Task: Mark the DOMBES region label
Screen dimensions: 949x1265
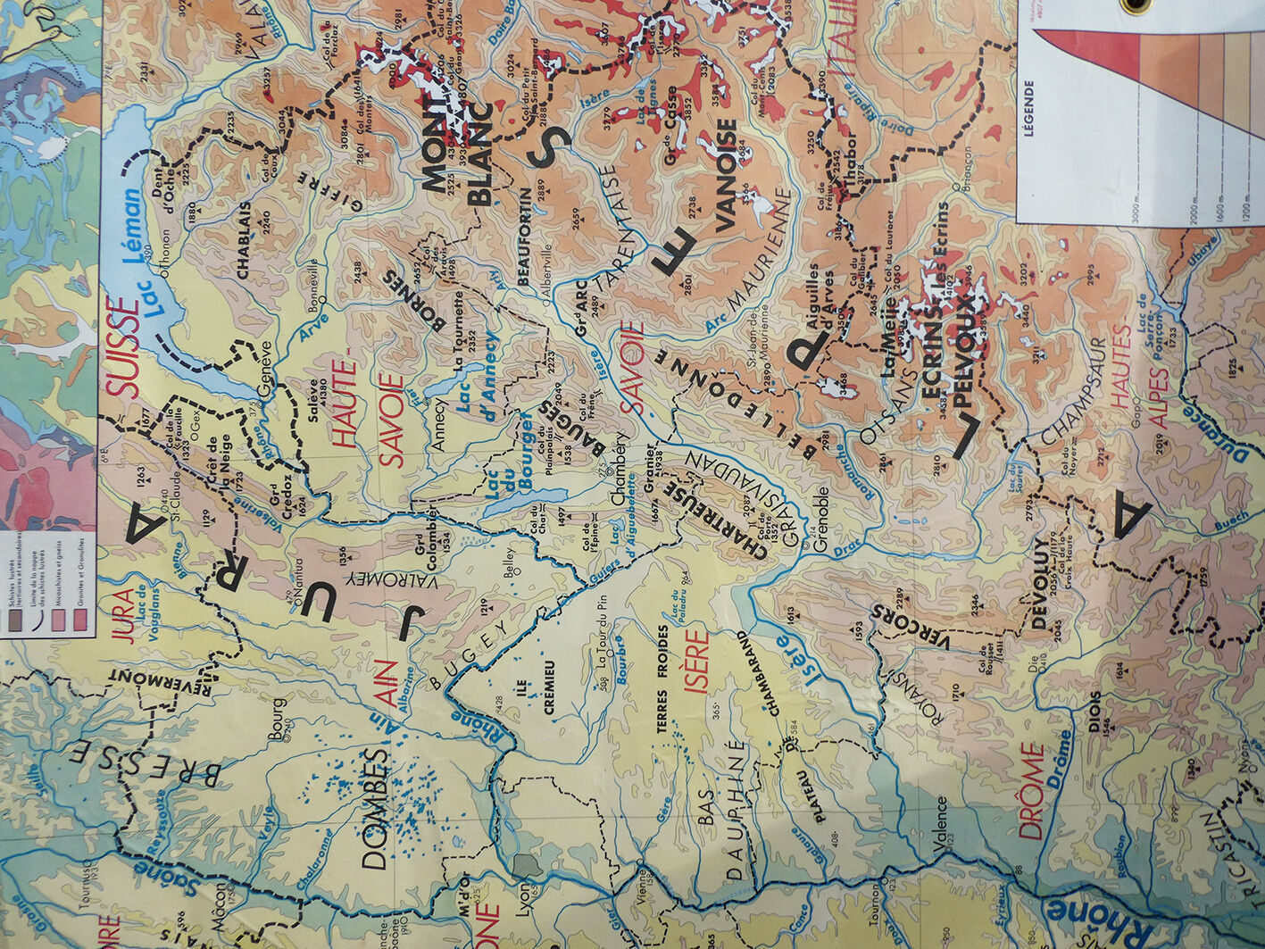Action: (x=376, y=808)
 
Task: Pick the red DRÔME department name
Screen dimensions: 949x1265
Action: (x=1031, y=790)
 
